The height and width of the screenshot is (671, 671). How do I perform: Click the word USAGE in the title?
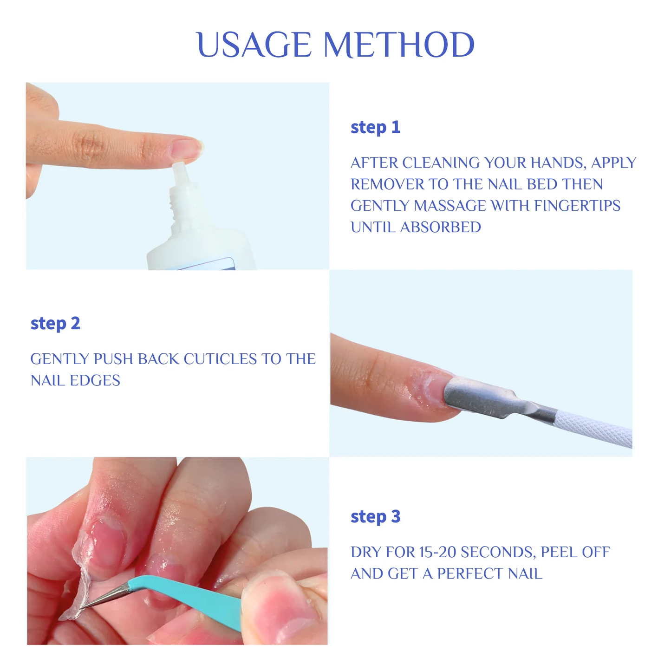point(254,45)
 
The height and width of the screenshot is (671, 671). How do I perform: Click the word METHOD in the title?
point(398,45)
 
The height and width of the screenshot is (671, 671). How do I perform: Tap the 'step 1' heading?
point(375,127)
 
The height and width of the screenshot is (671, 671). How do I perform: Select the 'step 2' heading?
point(55,323)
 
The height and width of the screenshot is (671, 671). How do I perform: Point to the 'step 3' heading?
point(375,516)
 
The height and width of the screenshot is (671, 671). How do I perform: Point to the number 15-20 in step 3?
point(437,552)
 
